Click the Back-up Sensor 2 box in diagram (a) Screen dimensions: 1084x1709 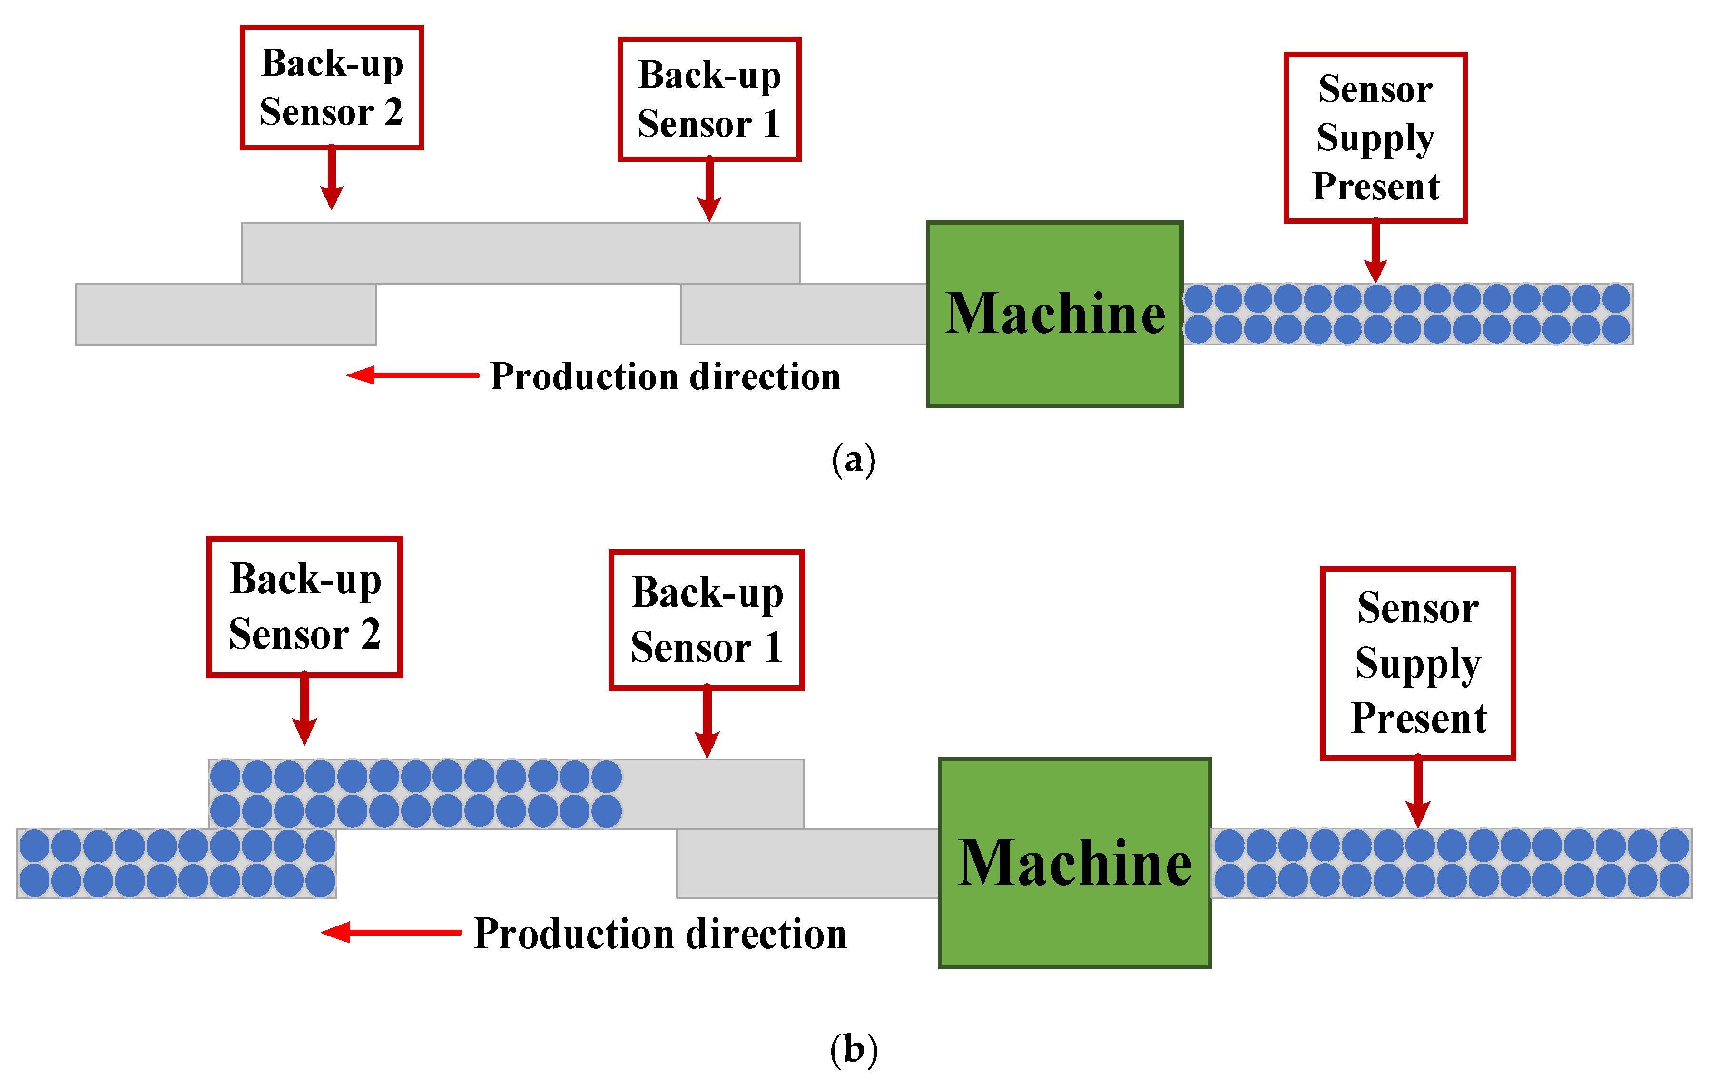[332, 87]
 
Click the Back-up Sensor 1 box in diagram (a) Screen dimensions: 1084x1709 [709, 99]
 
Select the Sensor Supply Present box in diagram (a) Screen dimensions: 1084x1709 [1375, 138]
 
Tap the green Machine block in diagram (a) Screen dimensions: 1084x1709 [1054, 314]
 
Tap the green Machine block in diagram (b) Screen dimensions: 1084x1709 [1074, 863]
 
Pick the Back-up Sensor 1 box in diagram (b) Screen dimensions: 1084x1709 [706, 620]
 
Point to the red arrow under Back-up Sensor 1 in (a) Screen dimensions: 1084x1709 [709, 192]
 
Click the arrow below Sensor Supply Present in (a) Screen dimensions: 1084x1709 [1375, 254]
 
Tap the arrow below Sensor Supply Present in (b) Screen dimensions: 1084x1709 [1417, 793]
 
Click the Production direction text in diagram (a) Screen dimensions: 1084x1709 [665, 376]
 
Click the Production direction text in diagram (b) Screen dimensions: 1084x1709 [659, 934]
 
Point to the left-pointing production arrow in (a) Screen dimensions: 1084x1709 [412, 375]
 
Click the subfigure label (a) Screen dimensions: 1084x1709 [854, 460]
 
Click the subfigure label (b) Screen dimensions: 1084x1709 [854, 1049]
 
